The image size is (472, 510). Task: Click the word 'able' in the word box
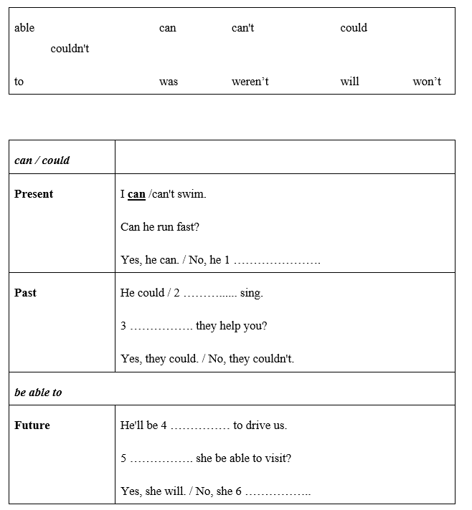pos(24,28)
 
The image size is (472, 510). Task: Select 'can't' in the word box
pos(242,28)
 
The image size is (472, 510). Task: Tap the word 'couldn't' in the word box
pos(70,49)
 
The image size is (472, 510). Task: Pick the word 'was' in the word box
pos(169,82)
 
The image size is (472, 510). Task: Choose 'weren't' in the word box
pos(250,82)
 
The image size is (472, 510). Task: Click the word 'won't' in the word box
pos(427,82)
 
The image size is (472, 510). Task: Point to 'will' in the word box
pos(349,82)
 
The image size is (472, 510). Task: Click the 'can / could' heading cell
pos(42,160)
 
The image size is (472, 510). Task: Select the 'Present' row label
pos(34,194)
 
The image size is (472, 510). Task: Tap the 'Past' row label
pos(25,293)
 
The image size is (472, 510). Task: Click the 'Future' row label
pos(32,425)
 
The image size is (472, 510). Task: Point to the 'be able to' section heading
pos(38,393)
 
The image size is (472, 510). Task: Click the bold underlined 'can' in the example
pos(136,194)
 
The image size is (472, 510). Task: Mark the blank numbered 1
pos(277,261)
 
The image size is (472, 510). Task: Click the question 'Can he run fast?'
pos(160,227)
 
